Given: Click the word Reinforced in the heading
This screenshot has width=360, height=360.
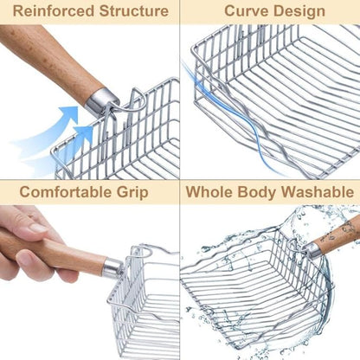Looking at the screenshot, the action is coord(54,11).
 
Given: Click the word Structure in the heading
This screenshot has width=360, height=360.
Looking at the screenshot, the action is coord(134,11).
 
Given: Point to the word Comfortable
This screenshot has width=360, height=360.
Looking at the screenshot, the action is coord(66,192).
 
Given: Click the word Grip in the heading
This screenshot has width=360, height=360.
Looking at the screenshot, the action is coord(132,193).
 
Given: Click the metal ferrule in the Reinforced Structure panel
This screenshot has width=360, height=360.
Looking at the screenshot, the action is coord(102,100).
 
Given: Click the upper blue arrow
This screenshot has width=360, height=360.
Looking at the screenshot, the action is coord(52,124).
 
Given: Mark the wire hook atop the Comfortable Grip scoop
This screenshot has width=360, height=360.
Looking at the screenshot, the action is coord(141,252).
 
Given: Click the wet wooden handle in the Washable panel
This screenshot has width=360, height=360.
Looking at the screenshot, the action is coord(338,234).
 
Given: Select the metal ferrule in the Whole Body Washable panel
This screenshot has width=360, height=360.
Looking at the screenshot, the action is coord(312,250).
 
